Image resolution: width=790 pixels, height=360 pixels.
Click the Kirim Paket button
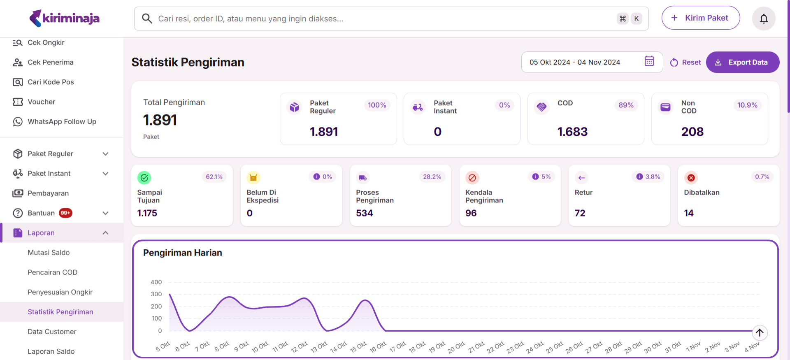[700, 18]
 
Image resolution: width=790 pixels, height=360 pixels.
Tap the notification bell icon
[764, 19]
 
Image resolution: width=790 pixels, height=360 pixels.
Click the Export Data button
[742, 62]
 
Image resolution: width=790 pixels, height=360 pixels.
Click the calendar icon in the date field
[649, 61]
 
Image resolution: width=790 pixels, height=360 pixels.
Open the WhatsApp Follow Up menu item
[62, 122]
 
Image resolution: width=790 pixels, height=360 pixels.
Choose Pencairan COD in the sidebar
[52, 272]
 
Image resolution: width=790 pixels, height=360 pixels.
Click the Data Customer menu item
[52, 332]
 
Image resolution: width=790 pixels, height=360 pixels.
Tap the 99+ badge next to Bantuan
[65, 213]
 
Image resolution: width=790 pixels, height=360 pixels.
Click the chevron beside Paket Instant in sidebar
[105, 174]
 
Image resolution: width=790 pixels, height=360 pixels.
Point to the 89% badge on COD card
[626, 105]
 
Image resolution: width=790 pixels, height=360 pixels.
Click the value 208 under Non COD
[692, 132]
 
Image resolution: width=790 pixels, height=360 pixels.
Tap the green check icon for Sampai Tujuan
[144, 178]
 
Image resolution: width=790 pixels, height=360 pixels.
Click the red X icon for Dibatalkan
[691, 178]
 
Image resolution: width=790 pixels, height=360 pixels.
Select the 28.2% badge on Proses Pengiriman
[432, 177]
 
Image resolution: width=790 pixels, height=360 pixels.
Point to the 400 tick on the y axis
[156, 282]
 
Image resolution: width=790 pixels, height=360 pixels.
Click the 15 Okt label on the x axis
[358, 347]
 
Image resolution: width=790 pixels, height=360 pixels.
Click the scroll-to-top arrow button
[760, 332]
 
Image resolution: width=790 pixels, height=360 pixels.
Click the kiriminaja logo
[65, 18]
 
